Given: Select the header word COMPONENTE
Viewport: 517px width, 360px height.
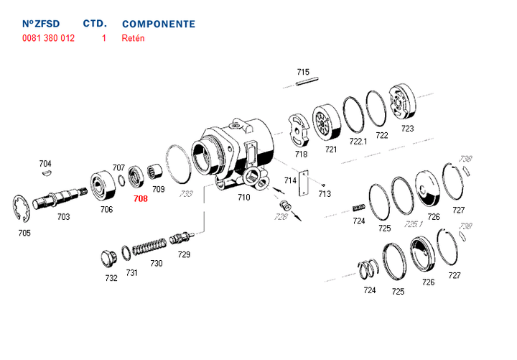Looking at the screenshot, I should [159, 24].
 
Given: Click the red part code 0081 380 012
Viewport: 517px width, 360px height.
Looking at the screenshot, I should [49, 38].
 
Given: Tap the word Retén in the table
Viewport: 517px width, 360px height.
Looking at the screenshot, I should [134, 38].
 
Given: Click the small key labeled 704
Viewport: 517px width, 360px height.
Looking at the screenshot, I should [46, 172].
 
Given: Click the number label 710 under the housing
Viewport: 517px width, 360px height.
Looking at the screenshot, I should [244, 197].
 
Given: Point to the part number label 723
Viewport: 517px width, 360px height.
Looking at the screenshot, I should [408, 129].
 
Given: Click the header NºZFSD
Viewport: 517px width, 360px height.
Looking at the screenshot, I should [41, 24].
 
